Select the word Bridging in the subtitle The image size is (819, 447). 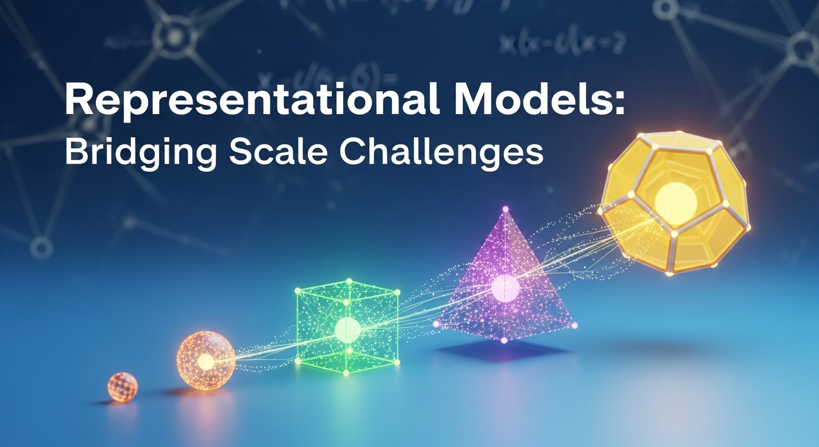[x=138, y=152]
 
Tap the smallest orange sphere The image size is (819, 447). [x=123, y=386]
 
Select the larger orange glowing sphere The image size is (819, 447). [x=206, y=360]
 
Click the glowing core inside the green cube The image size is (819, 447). [x=348, y=329]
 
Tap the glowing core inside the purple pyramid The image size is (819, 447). [x=505, y=288]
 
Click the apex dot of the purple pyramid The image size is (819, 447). [x=505, y=208]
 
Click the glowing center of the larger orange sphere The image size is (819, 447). [x=206, y=361]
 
